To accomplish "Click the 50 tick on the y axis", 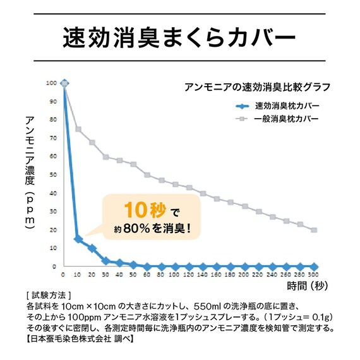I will pos(54,175).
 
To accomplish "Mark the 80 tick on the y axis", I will pos(54,119).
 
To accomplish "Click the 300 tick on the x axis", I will pos(314,275).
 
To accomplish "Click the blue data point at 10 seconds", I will pos(78,239).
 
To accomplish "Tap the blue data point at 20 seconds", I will pos(92,248).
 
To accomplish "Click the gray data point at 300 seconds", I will pos(314,230).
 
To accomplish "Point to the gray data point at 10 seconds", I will pos(78,129).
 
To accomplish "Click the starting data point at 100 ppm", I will pos(64,83).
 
